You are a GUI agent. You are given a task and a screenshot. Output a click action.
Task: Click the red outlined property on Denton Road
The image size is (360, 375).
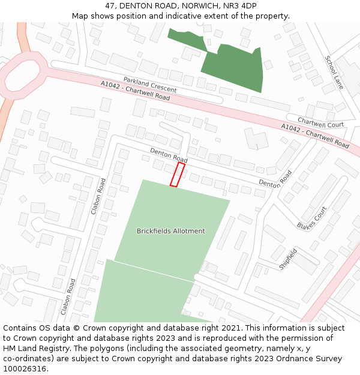[177, 174]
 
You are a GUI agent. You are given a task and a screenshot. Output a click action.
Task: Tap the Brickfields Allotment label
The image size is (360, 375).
[170, 231]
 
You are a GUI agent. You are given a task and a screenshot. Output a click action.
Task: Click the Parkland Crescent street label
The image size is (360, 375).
[150, 84]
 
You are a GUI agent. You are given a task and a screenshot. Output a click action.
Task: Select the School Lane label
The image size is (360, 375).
[334, 73]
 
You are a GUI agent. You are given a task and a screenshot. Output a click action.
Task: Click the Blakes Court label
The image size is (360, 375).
[311, 218]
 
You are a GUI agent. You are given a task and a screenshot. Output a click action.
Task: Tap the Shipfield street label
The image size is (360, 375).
[288, 259]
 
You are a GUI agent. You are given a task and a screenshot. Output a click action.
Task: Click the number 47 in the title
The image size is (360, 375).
[110, 5]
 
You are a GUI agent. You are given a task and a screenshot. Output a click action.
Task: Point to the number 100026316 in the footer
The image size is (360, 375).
[25, 369]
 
